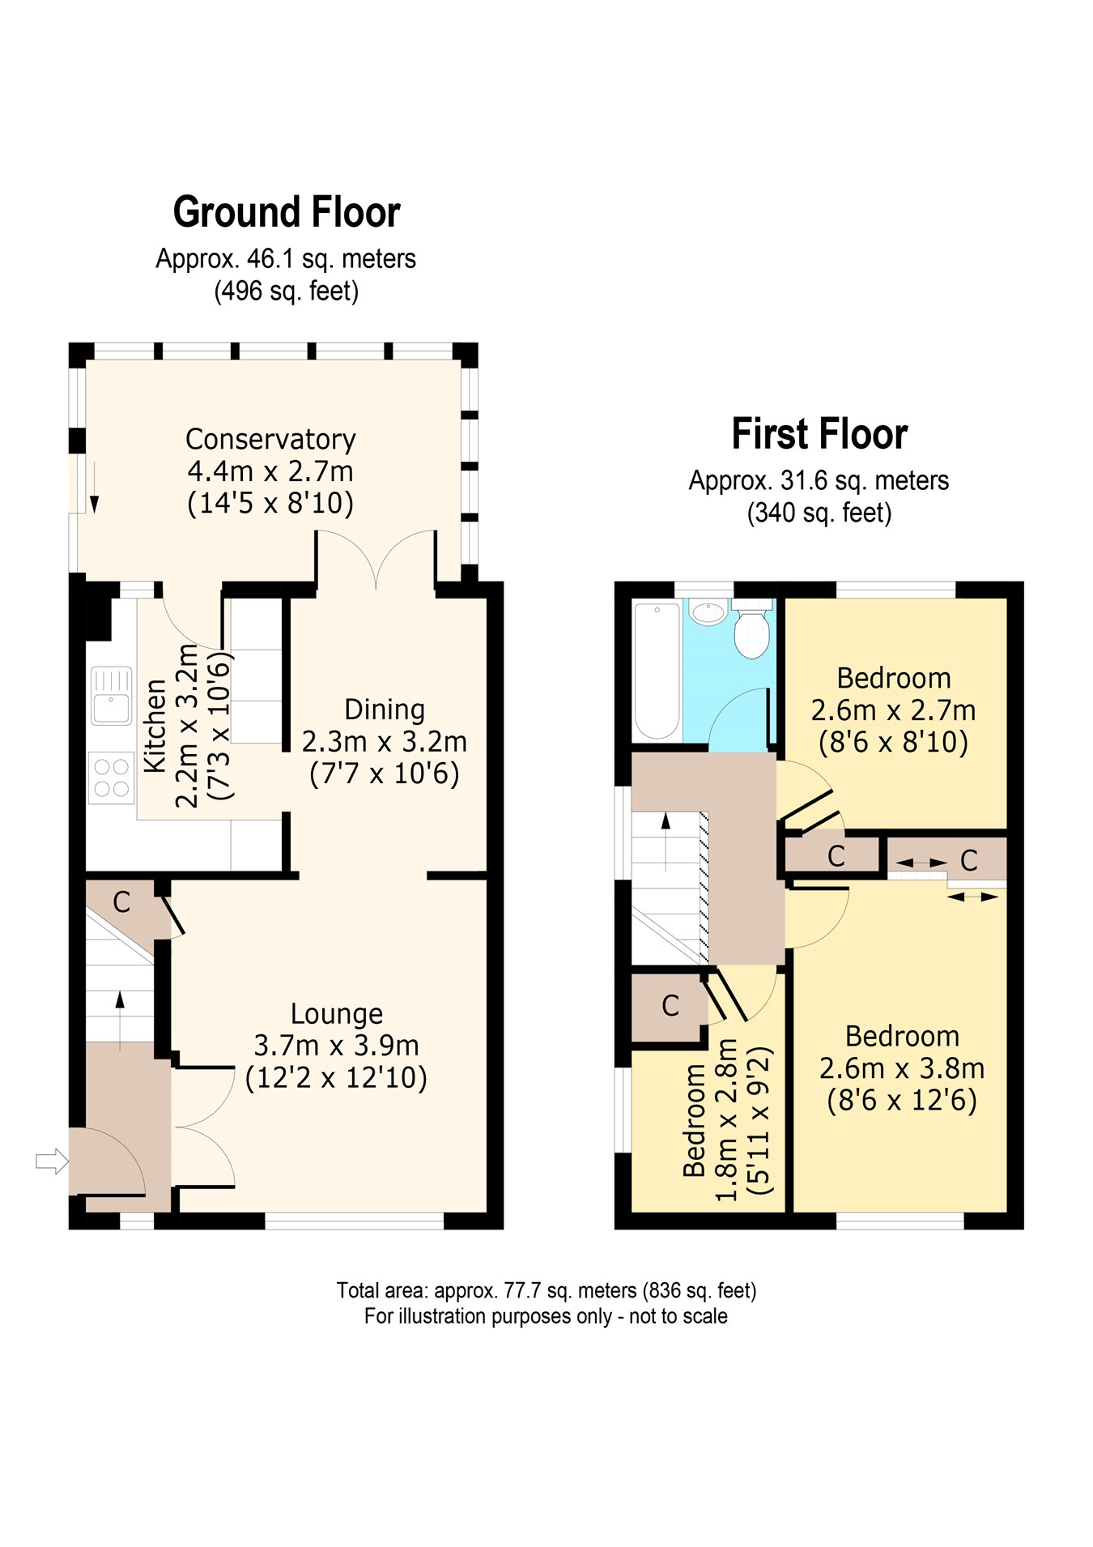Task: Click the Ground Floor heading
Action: [x=287, y=212]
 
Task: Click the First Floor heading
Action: [x=819, y=434]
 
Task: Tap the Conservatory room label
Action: [x=270, y=439]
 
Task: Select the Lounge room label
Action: [x=337, y=1013]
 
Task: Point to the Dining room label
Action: [x=385, y=710]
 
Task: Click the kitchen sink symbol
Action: [x=111, y=695]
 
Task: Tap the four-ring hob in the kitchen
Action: [x=112, y=777]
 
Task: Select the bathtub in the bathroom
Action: [x=657, y=671]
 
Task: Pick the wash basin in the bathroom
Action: [x=709, y=613]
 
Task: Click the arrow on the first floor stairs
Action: [x=666, y=842]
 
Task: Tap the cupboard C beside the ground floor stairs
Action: [x=121, y=901]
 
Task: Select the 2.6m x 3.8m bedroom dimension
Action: [x=902, y=1068]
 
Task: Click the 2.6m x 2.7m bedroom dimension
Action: [x=894, y=710]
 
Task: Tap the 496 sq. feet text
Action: [x=286, y=291]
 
